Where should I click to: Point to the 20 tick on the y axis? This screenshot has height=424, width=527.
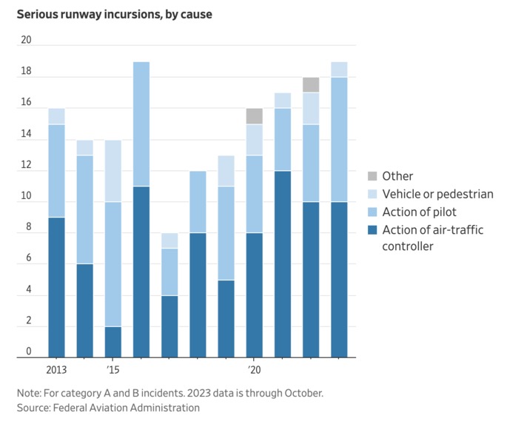coord(27,40)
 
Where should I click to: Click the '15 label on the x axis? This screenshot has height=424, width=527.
coord(113,369)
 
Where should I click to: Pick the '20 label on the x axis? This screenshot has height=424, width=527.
coord(254,369)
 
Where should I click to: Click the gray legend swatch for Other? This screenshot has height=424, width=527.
coord(373,176)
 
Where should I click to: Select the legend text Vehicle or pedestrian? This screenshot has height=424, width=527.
coord(437,195)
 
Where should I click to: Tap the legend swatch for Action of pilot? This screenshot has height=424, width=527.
coord(373,212)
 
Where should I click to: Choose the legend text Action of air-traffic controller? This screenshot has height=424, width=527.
coord(432,238)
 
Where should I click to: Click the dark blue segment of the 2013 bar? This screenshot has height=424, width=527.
coord(56,287)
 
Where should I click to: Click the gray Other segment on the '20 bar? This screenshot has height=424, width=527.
coord(254,116)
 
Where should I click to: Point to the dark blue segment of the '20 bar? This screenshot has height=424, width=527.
coord(254,295)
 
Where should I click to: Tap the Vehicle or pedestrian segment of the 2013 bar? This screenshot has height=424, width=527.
coord(56,116)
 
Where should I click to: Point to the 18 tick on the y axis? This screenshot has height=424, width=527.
coord(27,72)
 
